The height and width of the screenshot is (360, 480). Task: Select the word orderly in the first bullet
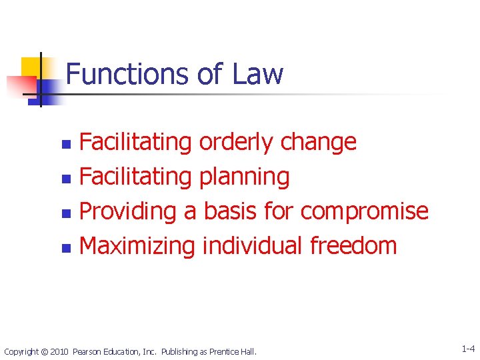tap(236, 142)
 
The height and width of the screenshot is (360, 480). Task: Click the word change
tap(318, 142)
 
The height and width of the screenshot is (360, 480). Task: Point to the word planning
tap(244, 177)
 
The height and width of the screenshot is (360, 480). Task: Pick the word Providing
tap(127, 211)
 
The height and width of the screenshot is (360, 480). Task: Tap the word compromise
tap(365, 211)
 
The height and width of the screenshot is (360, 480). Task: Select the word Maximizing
tap(137, 245)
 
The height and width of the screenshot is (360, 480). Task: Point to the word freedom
tap(353, 245)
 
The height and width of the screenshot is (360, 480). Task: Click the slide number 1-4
tap(467, 348)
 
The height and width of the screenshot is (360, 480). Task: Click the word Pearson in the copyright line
tap(87, 351)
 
